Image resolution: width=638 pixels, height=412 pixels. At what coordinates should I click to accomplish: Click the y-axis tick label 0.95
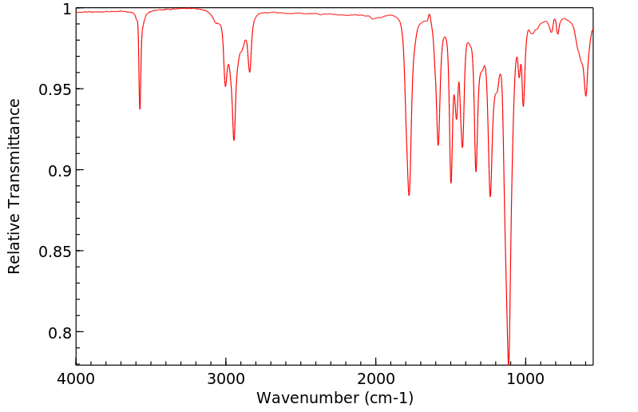pyautogui.click(x=54, y=89)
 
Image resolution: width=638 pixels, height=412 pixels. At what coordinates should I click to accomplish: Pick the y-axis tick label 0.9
pyautogui.click(x=59, y=170)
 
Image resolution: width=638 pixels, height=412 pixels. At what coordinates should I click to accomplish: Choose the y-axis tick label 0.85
pyautogui.click(x=54, y=252)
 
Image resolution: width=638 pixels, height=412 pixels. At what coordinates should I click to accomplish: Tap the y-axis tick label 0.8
pyautogui.click(x=59, y=332)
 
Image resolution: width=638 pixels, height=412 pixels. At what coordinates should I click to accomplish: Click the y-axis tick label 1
pyautogui.click(x=67, y=9)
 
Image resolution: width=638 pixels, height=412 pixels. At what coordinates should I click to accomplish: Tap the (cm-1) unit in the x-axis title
pyautogui.click(x=386, y=397)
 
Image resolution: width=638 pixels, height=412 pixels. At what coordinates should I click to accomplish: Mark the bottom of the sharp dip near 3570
pyautogui.click(x=140, y=109)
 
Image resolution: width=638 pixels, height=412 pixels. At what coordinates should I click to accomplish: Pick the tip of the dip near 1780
pyautogui.click(x=409, y=195)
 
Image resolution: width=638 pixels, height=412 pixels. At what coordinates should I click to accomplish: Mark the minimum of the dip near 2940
pyautogui.click(x=234, y=140)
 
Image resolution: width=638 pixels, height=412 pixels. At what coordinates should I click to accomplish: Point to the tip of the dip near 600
pyautogui.click(x=586, y=96)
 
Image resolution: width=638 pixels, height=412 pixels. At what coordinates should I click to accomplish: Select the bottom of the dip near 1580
pyautogui.click(x=438, y=145)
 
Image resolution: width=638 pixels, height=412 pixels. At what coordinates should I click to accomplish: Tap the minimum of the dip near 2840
pyautogui.click(x=250, y=72)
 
